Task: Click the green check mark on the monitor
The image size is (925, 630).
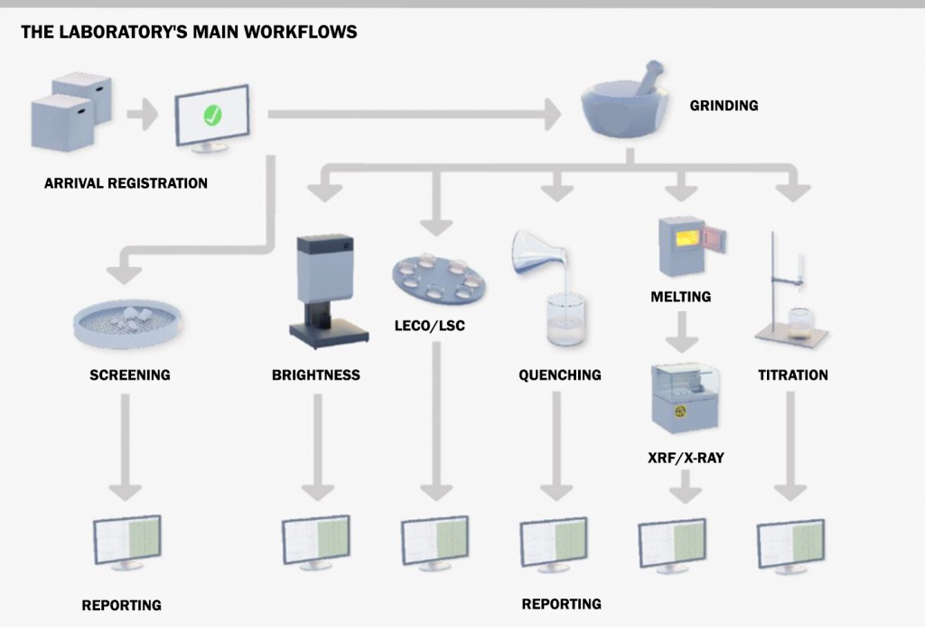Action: [212, 116]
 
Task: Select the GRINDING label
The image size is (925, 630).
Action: [724, 106]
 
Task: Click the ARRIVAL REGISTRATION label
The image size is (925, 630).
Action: [126, 183]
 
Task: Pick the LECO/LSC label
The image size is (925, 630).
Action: [430, 325]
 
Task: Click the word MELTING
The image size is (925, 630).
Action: [680, 296]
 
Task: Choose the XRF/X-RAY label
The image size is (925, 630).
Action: [687, 458]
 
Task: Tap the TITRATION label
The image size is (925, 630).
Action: [792, 375]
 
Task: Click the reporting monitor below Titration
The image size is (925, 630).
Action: [790, 544]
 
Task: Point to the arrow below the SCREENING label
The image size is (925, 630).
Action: [126, 447]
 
